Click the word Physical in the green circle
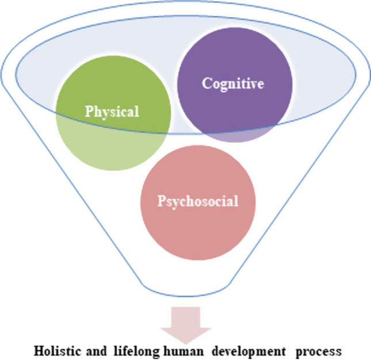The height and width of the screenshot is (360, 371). [112, 111]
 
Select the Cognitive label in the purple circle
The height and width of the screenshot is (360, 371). [232, 83]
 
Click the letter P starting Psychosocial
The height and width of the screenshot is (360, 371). [160, 202]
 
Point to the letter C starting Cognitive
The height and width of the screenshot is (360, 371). [205, 83]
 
